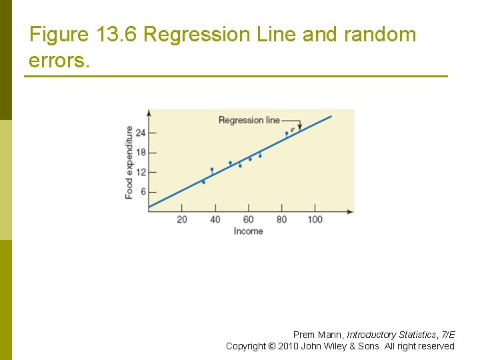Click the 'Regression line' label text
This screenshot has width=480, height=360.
(x=249, y=120)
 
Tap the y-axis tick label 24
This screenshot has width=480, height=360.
(x=140, y=133)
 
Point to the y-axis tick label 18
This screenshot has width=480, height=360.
(x=140, y=152)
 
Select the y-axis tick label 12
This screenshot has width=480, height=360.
(x=140, y=172)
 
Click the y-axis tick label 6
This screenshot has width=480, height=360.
(x=142, y=192)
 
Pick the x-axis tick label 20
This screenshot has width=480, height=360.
(x=182, y=219)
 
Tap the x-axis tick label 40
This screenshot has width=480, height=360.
(x=215, y=219)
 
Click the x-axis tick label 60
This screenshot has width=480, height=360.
(x=249, y=219)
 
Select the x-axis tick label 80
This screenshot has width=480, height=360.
(x=282, y=219)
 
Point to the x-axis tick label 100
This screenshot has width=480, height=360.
(x=315, y=219)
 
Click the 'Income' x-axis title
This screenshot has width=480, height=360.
(x=248, y=231)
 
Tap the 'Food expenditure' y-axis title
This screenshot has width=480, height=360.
(x=129, y=162)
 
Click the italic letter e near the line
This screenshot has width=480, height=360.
(x=292, y=129)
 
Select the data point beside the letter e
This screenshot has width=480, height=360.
(x=287, y=133)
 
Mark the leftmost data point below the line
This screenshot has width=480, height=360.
(x=203, y=182)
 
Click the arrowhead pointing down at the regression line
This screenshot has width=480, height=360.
(x=300, y=127)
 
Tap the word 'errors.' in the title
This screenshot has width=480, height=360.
(x=58, y=61)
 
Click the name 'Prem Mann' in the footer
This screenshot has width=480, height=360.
(x=318, y=335)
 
